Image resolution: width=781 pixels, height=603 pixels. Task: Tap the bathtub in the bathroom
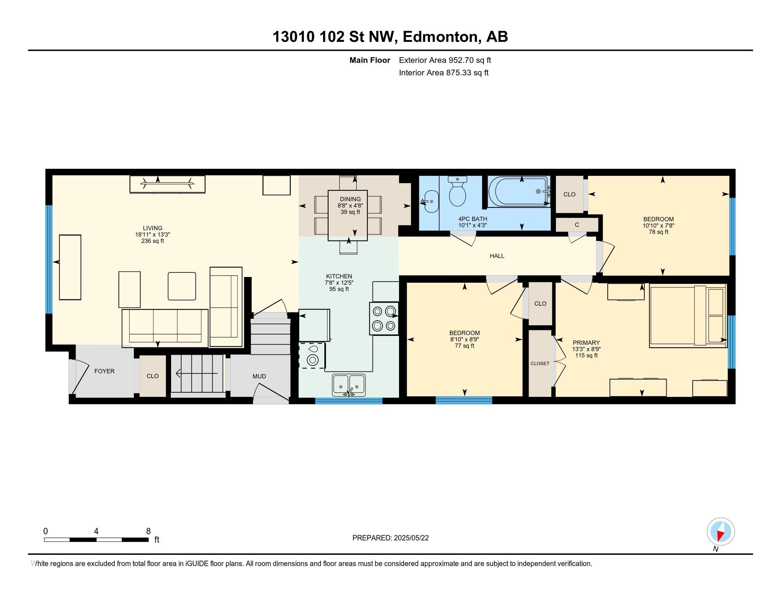click(519, 192)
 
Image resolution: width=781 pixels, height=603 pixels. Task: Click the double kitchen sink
click(349, 385)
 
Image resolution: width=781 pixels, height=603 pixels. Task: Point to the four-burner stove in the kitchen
click(384, 319)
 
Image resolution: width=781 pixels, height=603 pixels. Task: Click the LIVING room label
click(153, 228)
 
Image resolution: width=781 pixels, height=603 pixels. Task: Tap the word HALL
click(497, 256)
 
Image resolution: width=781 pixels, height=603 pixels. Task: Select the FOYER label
click(104, 371)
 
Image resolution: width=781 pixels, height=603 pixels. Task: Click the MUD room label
click(259, 376)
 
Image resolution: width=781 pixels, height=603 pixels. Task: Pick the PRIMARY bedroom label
click(586, 343)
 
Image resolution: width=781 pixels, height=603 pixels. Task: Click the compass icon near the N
click(721, 531)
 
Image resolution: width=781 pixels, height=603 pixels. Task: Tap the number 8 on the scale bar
click(148, 531)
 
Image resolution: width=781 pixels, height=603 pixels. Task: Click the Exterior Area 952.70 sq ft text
click(445, 60)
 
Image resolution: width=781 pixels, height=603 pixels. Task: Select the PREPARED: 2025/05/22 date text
click(390, 538)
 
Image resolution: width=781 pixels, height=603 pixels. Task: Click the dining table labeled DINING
click(348, 215)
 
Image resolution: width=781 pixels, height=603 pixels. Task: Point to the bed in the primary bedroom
click(688, 316)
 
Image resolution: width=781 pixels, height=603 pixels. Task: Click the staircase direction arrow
click(197, 374)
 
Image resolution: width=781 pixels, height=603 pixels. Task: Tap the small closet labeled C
click(577, 225)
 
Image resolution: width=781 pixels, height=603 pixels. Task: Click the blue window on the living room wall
click(49, 259)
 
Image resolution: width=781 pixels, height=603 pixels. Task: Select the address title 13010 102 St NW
click(335, 37)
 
